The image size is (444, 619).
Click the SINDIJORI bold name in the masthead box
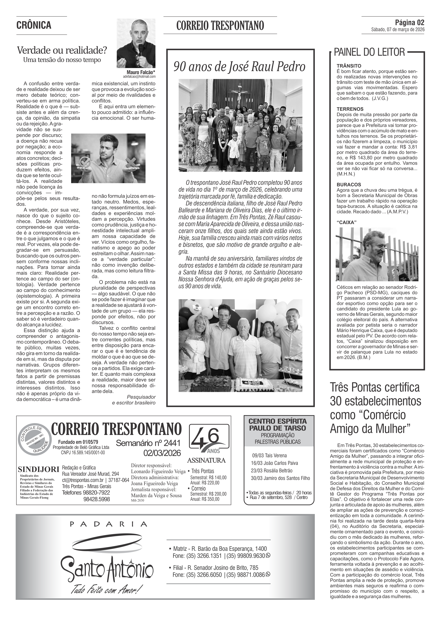click(38, 469)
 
